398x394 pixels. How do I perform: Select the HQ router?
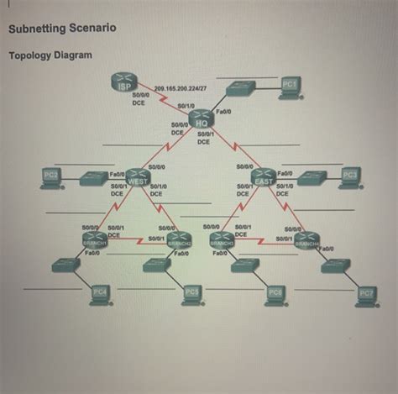point(201,118)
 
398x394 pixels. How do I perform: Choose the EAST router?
point(263,177)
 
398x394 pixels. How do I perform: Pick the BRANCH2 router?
point(179,240)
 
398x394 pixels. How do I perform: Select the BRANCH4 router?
point(306,240)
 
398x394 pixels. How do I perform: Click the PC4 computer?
point(100,292)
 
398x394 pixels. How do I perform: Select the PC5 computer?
point(191,292)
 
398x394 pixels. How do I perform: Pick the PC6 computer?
point(275,293)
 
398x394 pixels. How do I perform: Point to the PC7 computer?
point(366,293)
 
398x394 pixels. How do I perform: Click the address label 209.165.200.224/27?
point(182,87)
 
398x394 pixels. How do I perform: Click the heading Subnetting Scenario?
point(62,29)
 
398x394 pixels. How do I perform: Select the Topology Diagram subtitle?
point(50,55)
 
